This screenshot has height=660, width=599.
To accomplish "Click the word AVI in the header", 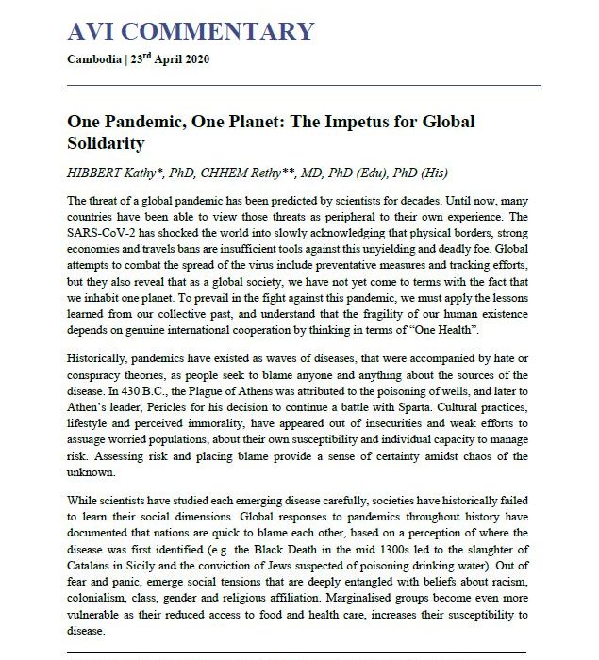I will point(92,31).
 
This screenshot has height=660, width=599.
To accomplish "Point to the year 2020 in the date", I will point(192,59).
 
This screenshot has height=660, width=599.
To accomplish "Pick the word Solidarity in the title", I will point(105,144).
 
